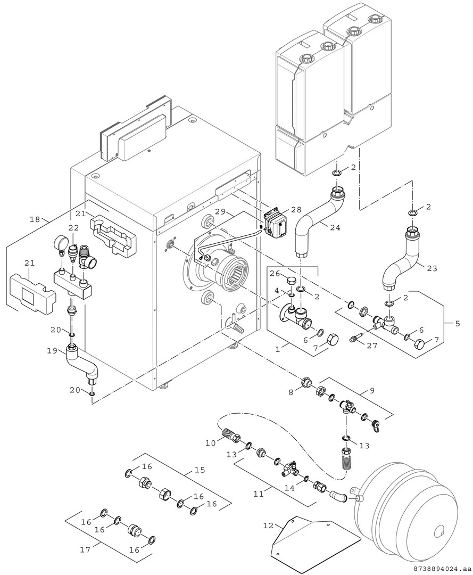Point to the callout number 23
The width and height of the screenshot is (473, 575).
tap(431, 268)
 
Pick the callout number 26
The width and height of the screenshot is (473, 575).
tap(274, 274)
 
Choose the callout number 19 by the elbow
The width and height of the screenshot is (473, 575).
tap(52, 350)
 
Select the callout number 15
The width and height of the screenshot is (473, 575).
tap(200, 470)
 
